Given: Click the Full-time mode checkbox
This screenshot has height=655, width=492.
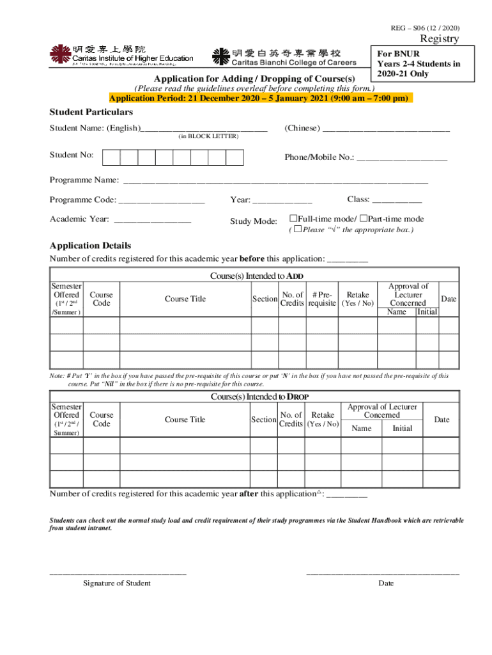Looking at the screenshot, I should click(293, 219).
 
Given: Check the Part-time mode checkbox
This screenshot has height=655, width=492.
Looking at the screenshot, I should click(364, 219).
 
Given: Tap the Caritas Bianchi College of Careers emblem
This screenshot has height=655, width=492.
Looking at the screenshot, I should click(220, 56).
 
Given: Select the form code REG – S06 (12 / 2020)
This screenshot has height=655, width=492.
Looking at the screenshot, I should click(425, 28).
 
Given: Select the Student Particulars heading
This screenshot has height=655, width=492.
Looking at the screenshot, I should click(91, 113).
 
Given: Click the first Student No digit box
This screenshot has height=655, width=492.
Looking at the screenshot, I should click(112, 157).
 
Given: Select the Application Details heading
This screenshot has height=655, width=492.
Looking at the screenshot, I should click(91, 246).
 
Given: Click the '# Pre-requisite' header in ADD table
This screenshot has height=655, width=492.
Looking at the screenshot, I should click(322, 299).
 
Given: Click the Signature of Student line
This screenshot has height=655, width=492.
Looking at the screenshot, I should click(118, 572).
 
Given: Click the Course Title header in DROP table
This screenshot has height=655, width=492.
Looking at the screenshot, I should click(185, 420).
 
